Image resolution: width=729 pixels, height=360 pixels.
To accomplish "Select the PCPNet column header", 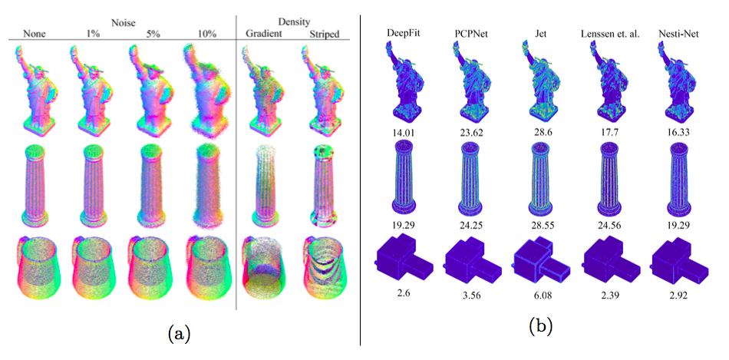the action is pyautogui.click(x=470, y=34).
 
